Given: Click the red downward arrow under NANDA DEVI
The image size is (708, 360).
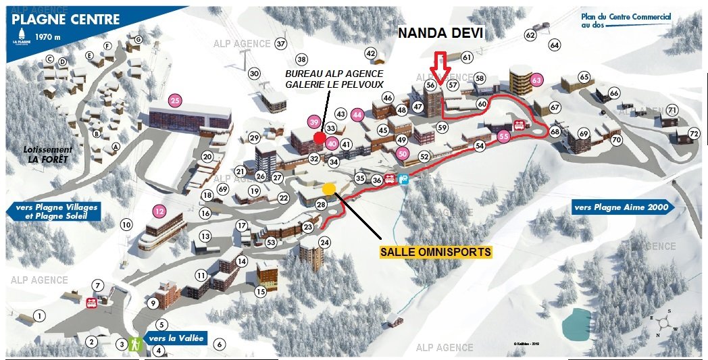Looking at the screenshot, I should coord(440,68).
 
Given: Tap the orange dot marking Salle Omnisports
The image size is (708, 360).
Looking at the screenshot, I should coord(329,188).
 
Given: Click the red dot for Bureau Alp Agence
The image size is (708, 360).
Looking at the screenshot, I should coord(320,138).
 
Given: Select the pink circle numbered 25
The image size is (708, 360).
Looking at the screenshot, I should coord(175,101).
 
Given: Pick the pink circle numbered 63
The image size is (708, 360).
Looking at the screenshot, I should coord(537,80).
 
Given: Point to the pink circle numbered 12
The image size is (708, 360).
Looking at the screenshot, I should coord(159,210).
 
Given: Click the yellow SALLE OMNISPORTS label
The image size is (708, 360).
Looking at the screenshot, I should coord(436,252).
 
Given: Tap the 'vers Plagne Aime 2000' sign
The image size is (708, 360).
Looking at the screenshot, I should coord(622,207).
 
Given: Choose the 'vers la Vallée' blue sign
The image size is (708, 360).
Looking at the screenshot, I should coord(172,338).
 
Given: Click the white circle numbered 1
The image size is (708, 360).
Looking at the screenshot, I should coord(40,315).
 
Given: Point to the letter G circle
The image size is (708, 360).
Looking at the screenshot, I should coord(138,40).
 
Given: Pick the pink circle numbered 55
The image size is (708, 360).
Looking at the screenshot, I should coord(503,136).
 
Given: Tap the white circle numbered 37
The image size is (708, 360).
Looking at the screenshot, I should coord(281,44).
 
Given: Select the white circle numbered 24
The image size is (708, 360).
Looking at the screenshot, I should coord(325,242).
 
